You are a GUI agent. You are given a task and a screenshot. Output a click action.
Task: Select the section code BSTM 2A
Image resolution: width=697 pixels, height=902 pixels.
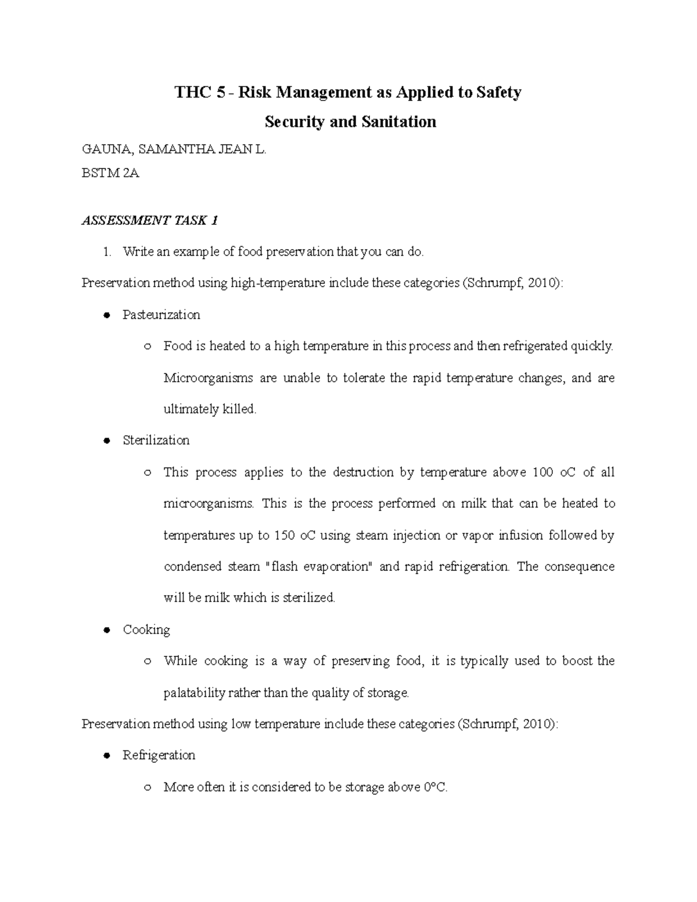[x=110, y=173]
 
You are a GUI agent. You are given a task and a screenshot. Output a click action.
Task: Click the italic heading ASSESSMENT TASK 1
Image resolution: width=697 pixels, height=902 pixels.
[x=149, y=221]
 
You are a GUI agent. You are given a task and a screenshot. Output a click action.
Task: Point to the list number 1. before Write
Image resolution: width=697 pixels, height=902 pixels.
[x=106, y=252]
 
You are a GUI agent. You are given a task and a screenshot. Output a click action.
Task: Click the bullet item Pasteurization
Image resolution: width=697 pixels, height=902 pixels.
[x=161, y=315]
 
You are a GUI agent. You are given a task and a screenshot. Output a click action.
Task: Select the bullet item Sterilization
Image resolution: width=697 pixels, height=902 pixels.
[x=156, y=440]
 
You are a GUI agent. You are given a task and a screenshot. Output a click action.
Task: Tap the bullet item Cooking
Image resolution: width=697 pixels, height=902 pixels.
[x=146, y=630]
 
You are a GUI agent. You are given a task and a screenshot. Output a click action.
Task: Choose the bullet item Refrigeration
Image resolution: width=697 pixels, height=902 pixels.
[x=159, y=755]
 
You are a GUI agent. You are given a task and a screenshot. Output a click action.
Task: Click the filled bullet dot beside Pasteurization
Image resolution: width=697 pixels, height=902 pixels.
[x=106, y=315]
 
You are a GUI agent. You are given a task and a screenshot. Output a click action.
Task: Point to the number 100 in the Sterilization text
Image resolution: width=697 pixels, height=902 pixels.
[x=542, y=472]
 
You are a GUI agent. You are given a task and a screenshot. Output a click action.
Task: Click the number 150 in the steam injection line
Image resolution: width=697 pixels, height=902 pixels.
[x=285, y=536]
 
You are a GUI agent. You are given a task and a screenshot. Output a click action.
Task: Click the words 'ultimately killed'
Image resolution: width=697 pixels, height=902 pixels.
[x=210, y=409]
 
